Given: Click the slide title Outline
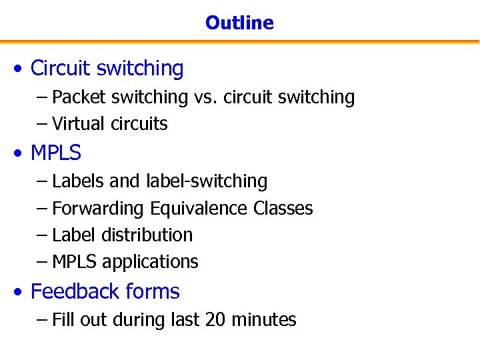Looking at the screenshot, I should point(239,23).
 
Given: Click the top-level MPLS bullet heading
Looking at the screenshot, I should point(56,153).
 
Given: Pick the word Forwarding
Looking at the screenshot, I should point(99,209).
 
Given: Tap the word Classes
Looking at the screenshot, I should point(283,209).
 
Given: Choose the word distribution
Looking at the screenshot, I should point(147,235).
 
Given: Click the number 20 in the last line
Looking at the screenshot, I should point(215,320).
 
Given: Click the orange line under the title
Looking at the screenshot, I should point(239,42).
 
